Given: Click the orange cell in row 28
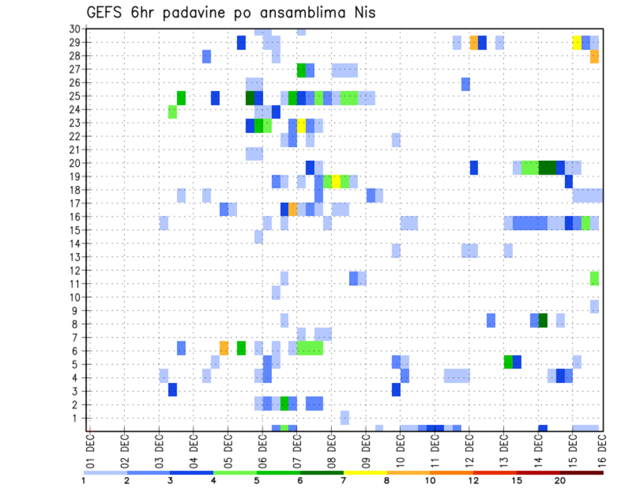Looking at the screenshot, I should [x=594, y=56].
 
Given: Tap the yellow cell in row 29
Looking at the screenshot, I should [x=577, y=42].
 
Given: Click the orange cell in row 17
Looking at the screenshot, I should [x=293, y=209].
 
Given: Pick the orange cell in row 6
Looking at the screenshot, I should [x=224, y=347].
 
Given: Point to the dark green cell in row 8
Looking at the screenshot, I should [x=543, y=320].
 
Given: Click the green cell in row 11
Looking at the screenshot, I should [x=594, y=278].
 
